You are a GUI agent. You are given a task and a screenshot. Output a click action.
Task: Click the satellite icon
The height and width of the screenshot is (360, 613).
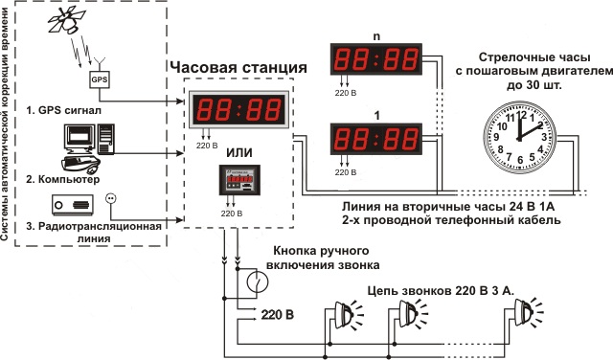(66, 22)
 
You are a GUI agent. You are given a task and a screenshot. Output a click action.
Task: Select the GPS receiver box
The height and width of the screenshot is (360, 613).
(100, 79)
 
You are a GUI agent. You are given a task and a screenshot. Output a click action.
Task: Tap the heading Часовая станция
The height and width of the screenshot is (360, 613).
(238, 67)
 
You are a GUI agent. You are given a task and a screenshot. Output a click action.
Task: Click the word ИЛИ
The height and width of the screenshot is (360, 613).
(239, 152)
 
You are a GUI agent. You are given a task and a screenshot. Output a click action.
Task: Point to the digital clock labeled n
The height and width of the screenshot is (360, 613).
(376, 59)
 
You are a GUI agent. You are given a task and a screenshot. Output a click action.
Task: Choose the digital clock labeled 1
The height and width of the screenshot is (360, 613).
(376, 139)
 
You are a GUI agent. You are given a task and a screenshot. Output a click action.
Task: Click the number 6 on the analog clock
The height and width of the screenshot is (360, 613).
(520, 160)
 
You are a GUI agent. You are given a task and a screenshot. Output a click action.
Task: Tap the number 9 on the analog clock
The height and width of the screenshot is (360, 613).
(496, 137)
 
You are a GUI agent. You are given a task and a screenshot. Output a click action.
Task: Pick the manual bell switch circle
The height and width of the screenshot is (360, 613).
(258, 281)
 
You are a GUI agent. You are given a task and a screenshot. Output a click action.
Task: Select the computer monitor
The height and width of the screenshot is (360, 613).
(79, 139)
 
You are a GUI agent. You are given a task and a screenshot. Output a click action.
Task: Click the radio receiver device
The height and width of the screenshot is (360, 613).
(73, 205)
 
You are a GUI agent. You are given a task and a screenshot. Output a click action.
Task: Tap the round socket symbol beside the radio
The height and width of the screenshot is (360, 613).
(111, 199)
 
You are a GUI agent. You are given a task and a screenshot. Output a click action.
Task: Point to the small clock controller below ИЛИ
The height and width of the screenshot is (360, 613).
(239, 180)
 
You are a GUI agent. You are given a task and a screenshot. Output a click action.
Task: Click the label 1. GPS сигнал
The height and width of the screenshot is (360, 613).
(64, 110)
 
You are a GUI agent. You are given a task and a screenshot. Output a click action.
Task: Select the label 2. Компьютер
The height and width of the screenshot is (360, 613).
(63, 179)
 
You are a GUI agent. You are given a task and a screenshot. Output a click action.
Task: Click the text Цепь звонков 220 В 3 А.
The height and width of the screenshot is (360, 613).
(441, 291)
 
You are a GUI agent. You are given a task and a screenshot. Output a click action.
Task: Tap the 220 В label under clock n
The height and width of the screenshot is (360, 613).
(346, 93)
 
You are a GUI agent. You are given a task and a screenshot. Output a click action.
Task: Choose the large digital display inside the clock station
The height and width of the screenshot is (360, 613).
(238, 109)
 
